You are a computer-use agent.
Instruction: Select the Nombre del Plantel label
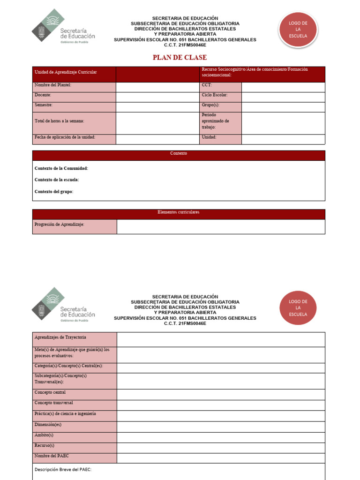coord(53,85)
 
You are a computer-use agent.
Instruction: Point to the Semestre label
coord(44,105)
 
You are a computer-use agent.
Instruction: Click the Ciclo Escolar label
coord(215,95)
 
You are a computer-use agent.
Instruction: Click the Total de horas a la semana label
coord(60,121)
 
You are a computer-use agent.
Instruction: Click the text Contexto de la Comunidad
coord(61,168)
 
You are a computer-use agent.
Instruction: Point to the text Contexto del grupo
coord(54,191)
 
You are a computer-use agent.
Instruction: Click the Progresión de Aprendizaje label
coord(60,225)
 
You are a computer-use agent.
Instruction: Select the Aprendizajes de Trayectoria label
coord(60,337)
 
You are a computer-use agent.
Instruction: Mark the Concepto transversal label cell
coord(54,403)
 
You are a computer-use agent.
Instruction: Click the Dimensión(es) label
coord(48,425)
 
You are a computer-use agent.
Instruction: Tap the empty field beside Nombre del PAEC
coord(220,458)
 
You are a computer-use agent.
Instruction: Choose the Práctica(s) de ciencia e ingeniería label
coord(65,414)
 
